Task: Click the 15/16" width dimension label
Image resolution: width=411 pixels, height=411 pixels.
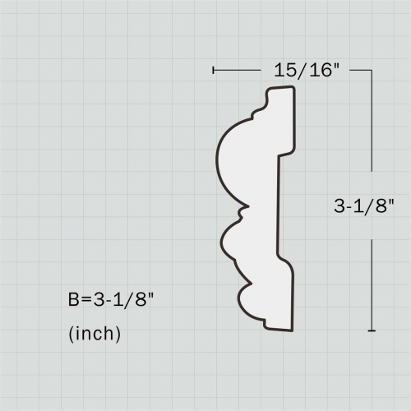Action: click(x=307, y=70)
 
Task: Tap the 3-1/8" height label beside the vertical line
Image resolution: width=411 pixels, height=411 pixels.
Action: click(x=364, y=205)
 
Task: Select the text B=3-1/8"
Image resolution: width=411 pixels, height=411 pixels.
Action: click(x=111, y=299)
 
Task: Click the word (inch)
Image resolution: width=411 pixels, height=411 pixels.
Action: click(x=95, y=334)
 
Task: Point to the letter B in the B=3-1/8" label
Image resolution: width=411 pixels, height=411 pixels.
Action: click(x=74, y=299)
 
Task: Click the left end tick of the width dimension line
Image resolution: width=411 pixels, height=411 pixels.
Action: click(x=213, y=70)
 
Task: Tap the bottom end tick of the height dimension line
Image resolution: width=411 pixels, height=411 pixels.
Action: click(x=372, y=331)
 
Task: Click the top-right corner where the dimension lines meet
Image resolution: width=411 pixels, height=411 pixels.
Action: click(x=372, y=70)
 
